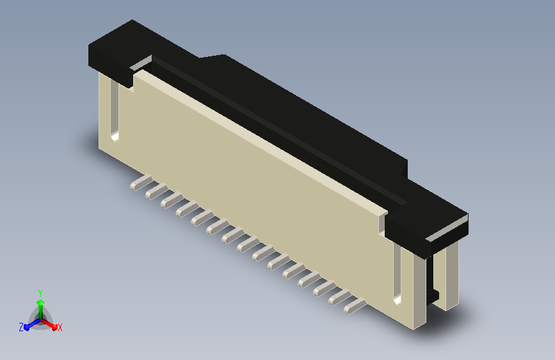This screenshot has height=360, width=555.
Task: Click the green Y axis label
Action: click(40, 293)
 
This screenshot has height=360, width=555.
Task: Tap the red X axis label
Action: click(60, 327)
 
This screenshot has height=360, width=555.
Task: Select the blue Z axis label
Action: click(21, 327)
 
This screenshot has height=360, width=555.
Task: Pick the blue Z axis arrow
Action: click(32, 325)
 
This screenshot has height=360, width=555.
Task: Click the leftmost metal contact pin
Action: click(141, 183)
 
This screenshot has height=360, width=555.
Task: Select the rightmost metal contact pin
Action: click(355, 306)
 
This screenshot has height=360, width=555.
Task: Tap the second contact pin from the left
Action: click(157, 192)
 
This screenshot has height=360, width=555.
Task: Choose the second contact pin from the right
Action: click(340, 297)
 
